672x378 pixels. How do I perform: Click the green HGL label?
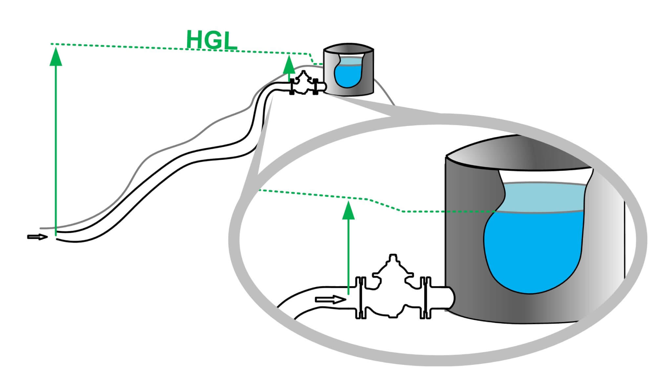point(212,40)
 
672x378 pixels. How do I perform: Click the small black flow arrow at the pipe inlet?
point(37,237)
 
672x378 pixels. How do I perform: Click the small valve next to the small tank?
point(303,84)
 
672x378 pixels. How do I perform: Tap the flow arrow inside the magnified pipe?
point(330,299)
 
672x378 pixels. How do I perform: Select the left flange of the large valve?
point(361,298)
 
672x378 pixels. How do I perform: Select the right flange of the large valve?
point(425,298)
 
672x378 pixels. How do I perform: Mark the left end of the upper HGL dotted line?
point(52,44)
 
